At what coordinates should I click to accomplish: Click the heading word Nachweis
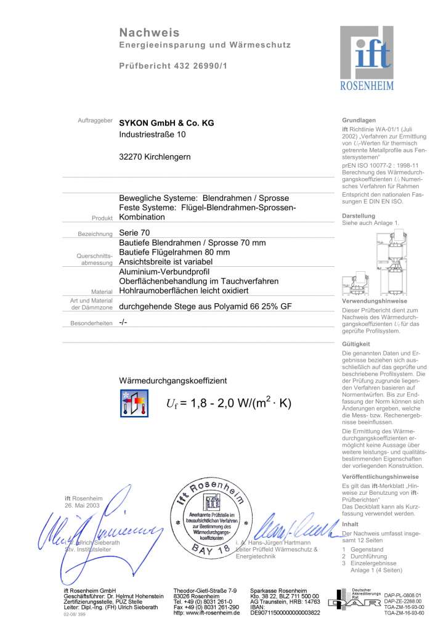(x=150, y=32)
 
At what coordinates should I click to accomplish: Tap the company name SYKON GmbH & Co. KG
(x=166, y=123)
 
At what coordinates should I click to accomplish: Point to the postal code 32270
(x=131, y=157)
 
